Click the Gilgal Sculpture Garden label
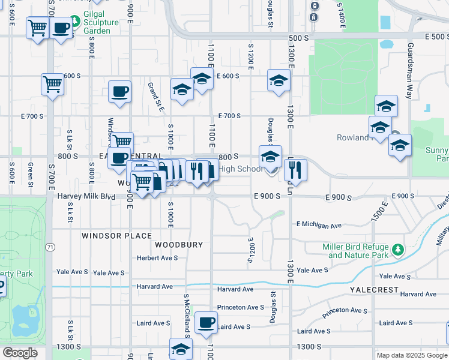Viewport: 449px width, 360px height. pos(97,26)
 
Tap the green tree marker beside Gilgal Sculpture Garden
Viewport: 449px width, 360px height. pos(75,22)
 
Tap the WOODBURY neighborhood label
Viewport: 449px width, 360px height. pos(175,245)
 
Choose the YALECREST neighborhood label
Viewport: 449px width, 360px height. pos(375,290)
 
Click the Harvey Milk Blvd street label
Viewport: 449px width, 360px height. pos(86,196)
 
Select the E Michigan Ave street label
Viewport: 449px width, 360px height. pos(318,226)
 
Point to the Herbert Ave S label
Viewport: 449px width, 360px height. pos(157,258)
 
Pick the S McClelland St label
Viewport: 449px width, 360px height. pos(187,314)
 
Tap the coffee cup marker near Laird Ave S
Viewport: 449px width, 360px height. pos(206,323)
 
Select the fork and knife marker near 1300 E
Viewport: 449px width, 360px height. pos(295,170)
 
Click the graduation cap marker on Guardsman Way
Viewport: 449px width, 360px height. pos(386,106)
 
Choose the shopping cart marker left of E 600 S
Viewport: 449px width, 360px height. pos(53,85)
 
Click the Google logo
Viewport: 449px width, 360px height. pos(20,353)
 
